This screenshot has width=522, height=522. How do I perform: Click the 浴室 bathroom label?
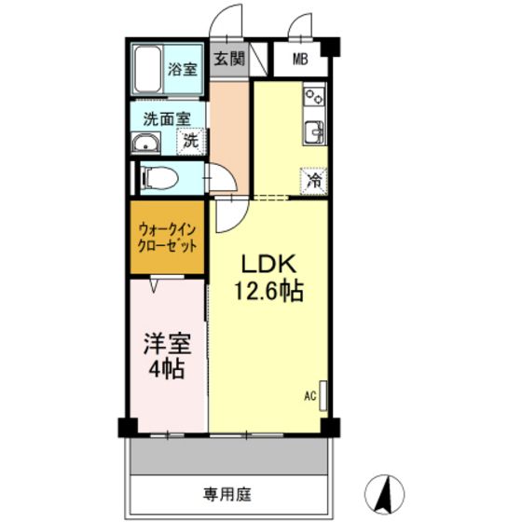click(x=182, y=68)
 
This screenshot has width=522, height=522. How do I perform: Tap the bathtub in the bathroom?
click(x=149, y=68)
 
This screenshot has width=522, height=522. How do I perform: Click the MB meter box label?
click(x=300, y=61)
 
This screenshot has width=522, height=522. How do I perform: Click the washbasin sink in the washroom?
click(x=146, y=142)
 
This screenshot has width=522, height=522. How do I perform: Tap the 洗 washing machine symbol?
click(x=190, y=142)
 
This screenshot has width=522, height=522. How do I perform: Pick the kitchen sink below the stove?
click(x=313, y=130)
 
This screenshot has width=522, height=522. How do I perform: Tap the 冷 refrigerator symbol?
click(x=316, y=180)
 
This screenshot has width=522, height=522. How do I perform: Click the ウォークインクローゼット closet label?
click(x=167, y=238)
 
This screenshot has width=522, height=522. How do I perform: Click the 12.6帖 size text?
click(x=268, y=292)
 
